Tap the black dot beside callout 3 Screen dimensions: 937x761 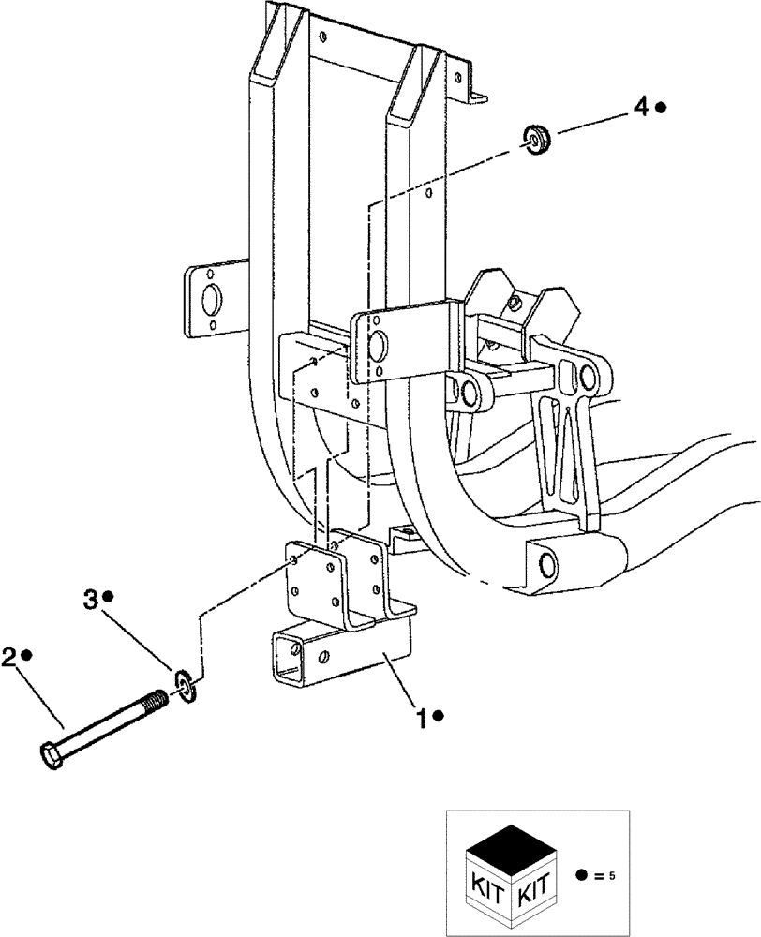click(109, 597)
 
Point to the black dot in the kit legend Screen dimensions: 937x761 click(583, 876)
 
